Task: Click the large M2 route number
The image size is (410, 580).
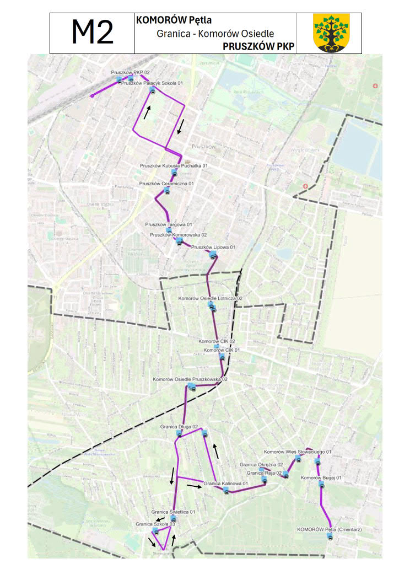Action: [92, 33]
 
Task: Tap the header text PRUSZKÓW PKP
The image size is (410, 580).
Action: [257, 46]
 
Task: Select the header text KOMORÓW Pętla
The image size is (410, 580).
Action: [174, 20]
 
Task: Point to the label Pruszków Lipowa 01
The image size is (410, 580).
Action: [213, 247]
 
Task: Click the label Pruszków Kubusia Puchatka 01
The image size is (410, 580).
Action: [174, 165]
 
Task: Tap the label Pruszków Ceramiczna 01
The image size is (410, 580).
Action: [166, 184]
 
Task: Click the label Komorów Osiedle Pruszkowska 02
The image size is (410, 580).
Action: [190, 379]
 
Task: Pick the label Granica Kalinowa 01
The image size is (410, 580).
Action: [226, 484]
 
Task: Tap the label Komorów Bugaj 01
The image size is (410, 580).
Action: [321, 477]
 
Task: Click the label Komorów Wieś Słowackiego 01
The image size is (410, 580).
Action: [298, 452]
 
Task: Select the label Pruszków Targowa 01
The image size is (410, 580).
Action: [169, 224]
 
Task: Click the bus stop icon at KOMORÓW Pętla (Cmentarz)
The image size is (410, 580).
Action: [330, 536]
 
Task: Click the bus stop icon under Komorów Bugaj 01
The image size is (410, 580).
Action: [321, 485]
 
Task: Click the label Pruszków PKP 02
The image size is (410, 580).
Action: [130, 72]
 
